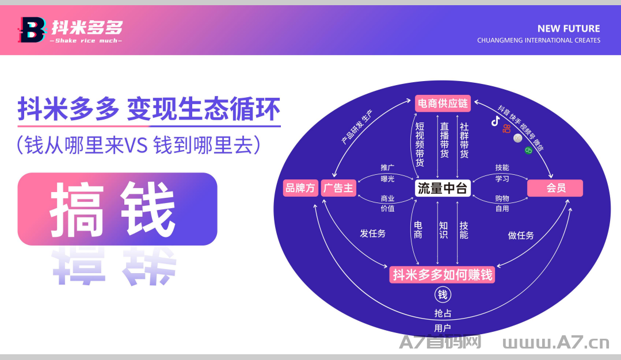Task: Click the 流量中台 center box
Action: (x=443, y=188)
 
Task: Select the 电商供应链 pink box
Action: (x=443, y=104)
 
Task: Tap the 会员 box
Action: (x=555, y=188)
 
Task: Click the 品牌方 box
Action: (x=300, y=188)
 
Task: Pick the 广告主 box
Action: (x=338, y=188)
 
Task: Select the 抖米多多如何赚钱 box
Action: (x=443, y=274)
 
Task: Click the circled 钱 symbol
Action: (x=443, y=294)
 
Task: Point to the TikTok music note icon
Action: (x=495, y=121)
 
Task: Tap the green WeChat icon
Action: (x=528, y=150)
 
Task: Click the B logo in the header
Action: (x=31, y=30)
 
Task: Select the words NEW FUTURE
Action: (x=568, y=29)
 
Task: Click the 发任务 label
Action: (x=373, y=233)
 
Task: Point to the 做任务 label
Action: (x=521, y=235)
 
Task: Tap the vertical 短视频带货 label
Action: (x=420, y=144)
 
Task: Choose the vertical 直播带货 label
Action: (x=444, y=140)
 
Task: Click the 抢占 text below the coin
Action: (x=443, y=313)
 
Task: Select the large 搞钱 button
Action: (x=117, y=209)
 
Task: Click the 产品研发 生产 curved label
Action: (x=357, y=127)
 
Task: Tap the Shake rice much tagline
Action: (x=87, y=41)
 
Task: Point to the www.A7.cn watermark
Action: (x=555, y=343)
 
